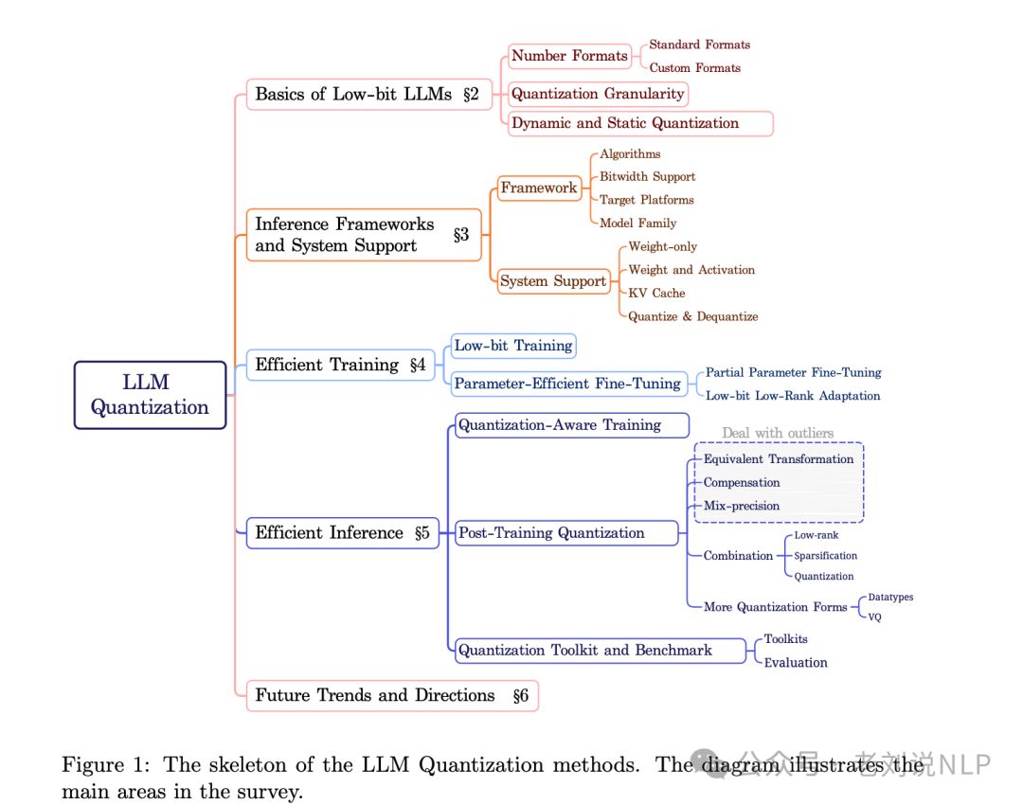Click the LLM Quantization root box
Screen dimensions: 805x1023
click(150, 395)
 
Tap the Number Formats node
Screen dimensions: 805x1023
click(569, 56)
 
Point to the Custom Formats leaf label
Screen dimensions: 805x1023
click(694, 68)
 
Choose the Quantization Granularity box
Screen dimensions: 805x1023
click(598, 94)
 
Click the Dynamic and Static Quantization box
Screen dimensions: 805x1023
click(640, 123)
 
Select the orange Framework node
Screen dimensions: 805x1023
click(539, 188)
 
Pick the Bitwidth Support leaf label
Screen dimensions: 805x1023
click(647, 177)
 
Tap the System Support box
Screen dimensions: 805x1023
click(553, 281)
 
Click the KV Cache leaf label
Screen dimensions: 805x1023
click(656, 294)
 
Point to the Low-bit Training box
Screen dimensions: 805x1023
click(513, 346)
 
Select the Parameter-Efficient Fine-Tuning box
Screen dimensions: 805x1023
click(567, 384)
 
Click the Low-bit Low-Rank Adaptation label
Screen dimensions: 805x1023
click(793, 396)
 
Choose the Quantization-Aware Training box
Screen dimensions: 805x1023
click(571, 425)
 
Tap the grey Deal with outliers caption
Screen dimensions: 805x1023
click(778, 433)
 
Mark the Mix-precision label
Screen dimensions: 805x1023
click(742, 506)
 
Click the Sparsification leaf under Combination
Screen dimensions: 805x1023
click(825, 556)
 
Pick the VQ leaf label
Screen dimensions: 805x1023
click(874, 617)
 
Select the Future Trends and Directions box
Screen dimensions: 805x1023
click(392, 695)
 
